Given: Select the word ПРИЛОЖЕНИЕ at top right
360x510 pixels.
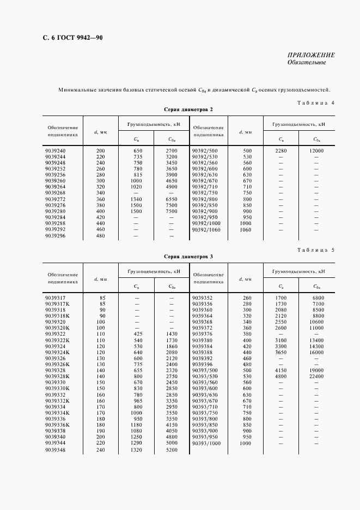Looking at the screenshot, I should (311, 55).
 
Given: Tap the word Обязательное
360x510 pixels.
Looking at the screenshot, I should (307, 63).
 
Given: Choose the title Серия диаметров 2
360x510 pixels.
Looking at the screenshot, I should (188, 110).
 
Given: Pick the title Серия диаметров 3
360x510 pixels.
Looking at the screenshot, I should (188, 256).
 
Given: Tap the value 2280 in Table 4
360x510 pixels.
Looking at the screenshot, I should (280, 150).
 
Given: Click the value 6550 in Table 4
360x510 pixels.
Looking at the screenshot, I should (172, 199).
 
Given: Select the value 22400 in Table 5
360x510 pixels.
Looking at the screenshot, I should (316, 377).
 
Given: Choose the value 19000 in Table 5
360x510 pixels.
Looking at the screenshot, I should (316, 371).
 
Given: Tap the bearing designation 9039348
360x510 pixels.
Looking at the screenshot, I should (56, 450).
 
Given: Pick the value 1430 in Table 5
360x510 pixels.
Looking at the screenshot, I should (172, 334).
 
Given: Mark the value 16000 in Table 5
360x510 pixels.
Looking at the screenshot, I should (316, 353).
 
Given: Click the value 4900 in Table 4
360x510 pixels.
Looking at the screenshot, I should (172, 186).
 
